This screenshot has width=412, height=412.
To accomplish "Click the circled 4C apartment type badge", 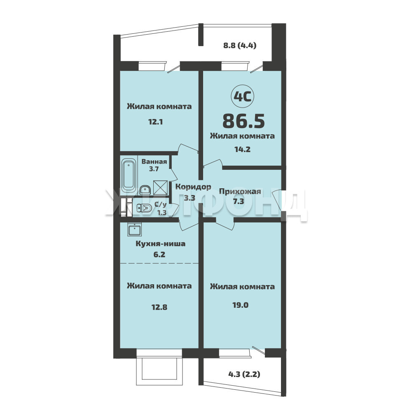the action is point(242,97).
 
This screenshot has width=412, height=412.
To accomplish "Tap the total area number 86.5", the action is point(243,121).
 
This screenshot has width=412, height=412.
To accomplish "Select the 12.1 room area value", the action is point(156,122).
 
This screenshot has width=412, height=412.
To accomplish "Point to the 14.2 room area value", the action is point(242,149).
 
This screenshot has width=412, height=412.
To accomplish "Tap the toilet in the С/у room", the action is point(144,208).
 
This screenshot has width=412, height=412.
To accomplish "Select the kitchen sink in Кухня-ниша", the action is point(135,229).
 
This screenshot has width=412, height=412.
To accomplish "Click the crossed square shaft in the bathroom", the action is point(160,187).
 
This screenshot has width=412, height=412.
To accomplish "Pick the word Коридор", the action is point(193,187).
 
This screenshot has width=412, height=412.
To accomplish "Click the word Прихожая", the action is point(240,191).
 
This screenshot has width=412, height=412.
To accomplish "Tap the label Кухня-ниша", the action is point(161,243).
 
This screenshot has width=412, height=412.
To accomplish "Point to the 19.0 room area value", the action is point(241,305).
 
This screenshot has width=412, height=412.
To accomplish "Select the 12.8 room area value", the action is point(159,307).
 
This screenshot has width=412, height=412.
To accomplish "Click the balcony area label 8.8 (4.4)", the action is point(240,45).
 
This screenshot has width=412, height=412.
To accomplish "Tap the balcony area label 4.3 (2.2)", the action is point(244,374).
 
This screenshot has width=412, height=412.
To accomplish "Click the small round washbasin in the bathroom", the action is point(145,190).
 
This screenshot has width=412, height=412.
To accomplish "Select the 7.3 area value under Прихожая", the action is point(239,201).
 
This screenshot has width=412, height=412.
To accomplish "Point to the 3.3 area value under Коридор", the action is point(190,198).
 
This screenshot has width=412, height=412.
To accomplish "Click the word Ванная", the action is point(154,162).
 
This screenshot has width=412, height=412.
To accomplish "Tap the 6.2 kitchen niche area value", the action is point(159,254).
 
